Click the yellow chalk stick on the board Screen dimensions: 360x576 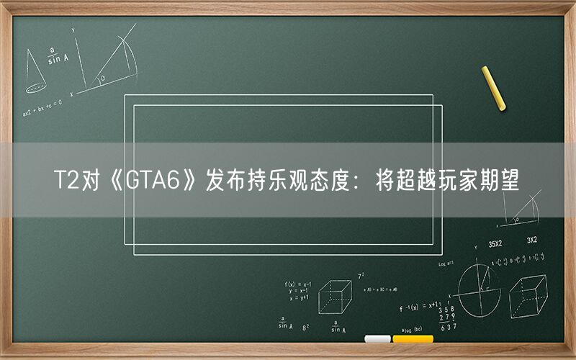[494, 88]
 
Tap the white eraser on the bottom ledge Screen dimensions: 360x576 [377, 338]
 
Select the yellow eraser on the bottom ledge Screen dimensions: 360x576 [413, 338]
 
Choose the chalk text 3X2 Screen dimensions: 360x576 [532, 240]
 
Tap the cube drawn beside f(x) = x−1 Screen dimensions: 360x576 [335, 296]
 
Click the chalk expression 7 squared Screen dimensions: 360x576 [361, 276]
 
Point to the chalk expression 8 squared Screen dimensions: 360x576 [306, 327]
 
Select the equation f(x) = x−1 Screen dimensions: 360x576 [297, 284]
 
